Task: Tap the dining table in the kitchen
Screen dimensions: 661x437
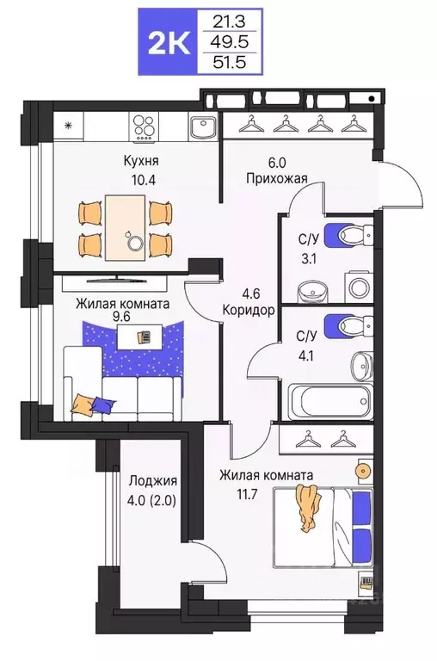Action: point(127,226)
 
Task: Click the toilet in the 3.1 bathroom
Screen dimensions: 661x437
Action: point(353,234)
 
